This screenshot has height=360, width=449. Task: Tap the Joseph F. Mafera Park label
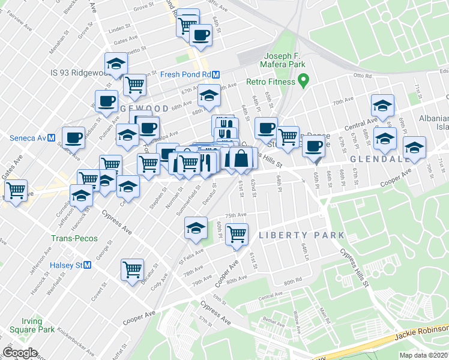(283, 60)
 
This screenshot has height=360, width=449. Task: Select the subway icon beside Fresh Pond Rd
(215, 74)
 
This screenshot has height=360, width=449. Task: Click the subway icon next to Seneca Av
(52, 137)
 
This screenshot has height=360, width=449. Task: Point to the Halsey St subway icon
(87, 265)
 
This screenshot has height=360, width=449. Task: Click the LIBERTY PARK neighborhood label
(301, 235)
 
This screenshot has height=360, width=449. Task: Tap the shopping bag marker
(241, 159)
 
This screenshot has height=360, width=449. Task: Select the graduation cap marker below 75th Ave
(196, 228)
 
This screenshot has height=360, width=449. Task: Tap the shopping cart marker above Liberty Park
(237, 233)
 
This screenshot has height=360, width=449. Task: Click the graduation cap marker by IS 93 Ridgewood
(116, 63)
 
